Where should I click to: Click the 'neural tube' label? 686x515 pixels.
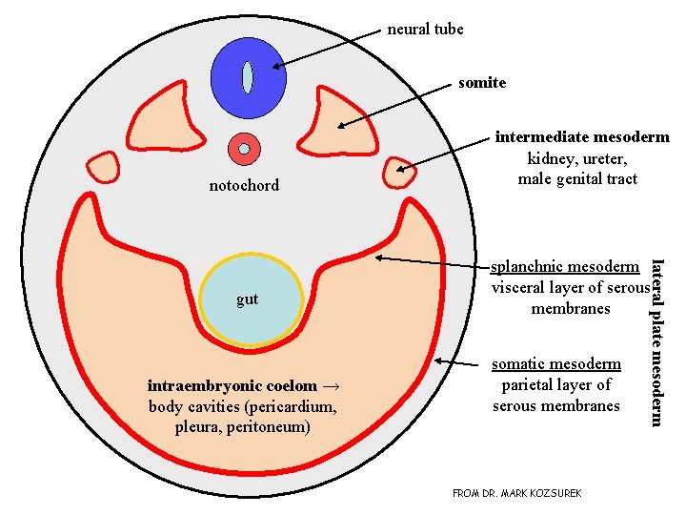click(425, 30)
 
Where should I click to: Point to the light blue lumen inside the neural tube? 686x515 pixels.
click(247, 77)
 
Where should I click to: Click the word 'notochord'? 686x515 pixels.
click(244, 185)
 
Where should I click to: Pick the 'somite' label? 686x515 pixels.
click(482, 83)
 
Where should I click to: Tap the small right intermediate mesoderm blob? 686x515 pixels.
click(398, 173)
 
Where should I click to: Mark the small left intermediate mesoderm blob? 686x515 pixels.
click(101, 167)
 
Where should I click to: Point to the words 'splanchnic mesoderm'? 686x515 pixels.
click(564, 267)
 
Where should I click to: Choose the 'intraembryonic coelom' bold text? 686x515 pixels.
click(232, 386)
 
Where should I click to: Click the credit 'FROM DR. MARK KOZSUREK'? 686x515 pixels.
click(516, 493)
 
